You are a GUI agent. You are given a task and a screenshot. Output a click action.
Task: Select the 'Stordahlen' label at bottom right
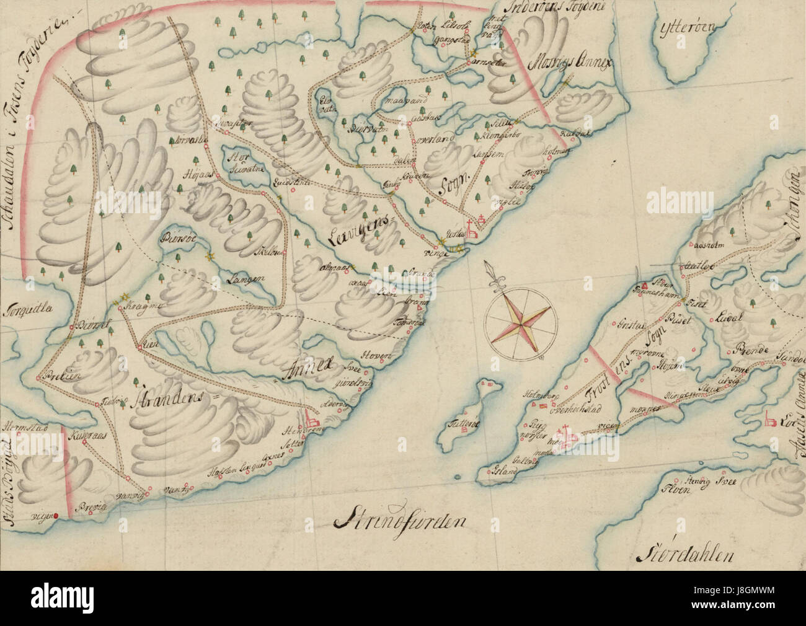point(686,553)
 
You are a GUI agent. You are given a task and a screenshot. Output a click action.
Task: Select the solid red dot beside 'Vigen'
point(55,515)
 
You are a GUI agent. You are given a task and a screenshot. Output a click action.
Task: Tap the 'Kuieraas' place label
point(90,436)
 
